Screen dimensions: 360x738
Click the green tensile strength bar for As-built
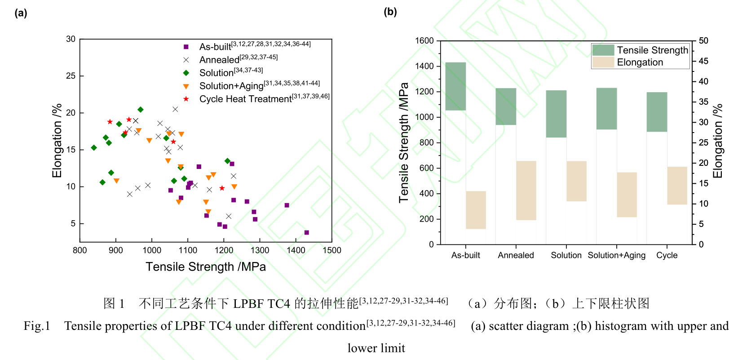point(455,86)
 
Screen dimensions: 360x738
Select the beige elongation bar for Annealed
point(526,191)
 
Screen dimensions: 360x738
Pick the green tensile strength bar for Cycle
point(657,112)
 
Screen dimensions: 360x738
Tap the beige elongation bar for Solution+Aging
point(627,195)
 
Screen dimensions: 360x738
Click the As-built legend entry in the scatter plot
point(215,47)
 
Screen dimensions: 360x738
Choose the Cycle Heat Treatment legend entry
point(245,99)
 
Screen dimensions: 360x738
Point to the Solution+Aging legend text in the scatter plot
point(231,86)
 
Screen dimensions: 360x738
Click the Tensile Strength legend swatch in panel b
point(603,50)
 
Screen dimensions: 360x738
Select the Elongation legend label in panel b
point(640,62)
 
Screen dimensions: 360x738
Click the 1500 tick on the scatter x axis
point(332,250)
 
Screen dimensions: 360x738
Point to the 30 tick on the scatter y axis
point(71,39)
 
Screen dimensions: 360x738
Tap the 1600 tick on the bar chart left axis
point(424,41)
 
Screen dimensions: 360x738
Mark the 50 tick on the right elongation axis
point(703,41)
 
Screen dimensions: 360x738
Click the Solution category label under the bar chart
point(566,255)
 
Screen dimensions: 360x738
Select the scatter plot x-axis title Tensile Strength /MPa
point(205,267)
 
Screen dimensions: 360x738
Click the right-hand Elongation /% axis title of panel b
point(718,141)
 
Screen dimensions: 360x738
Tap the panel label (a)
point(21,13)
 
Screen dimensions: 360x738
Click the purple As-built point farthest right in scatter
point(307,232)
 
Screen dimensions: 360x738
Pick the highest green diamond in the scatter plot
point(141,110)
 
